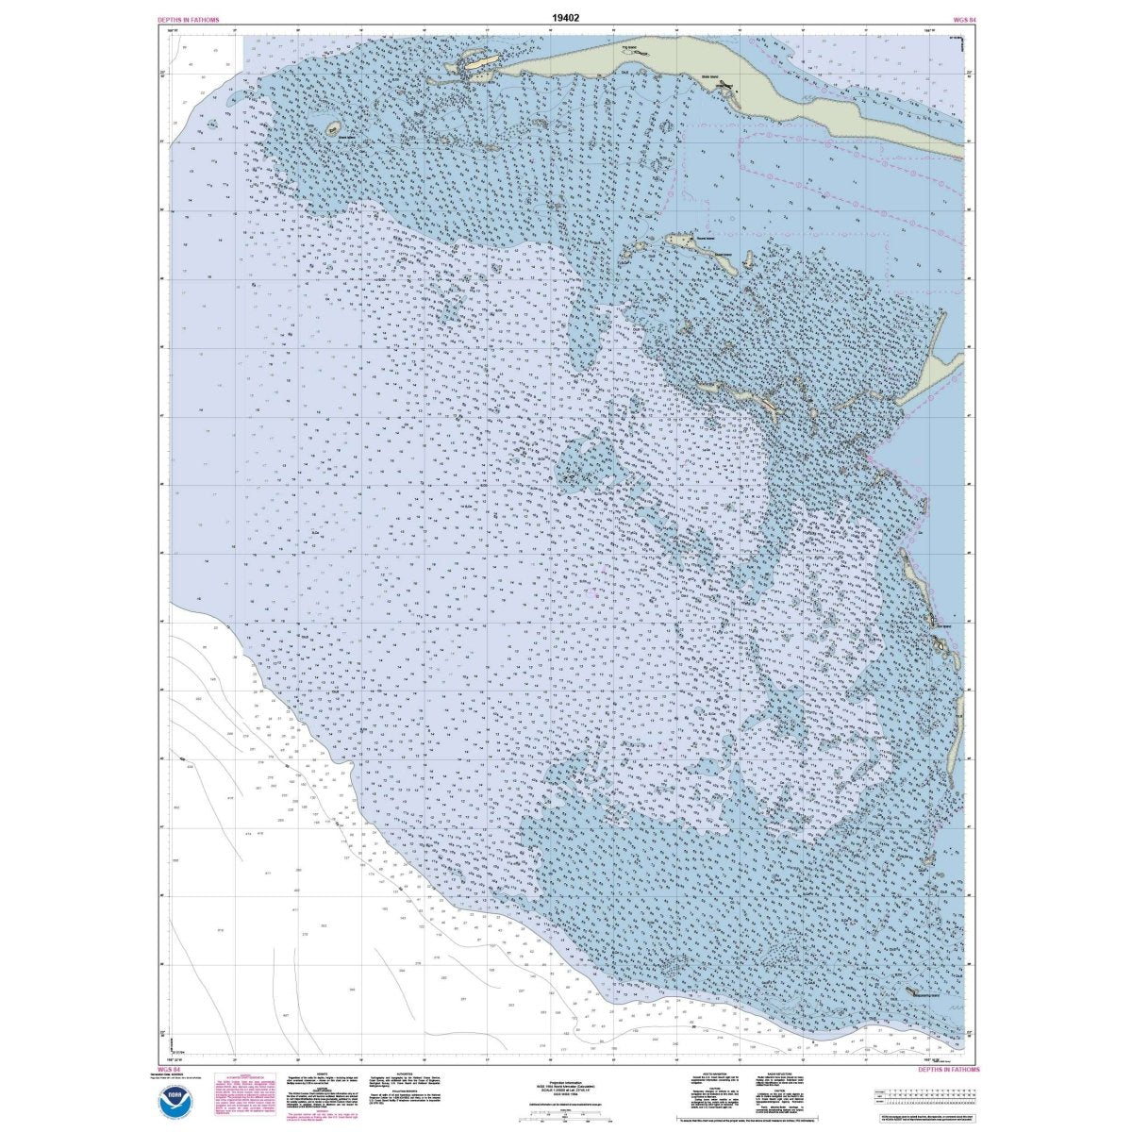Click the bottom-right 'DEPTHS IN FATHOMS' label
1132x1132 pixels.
click(x=949, y=1070)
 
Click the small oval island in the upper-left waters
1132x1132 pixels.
click(x=333, y=126)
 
